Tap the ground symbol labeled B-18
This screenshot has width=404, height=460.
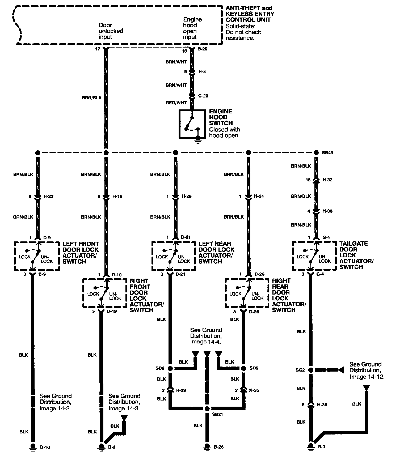tap(33, 446)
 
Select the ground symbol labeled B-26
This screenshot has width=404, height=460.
tap(207, 446)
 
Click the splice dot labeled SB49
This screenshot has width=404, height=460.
tap(316, 152)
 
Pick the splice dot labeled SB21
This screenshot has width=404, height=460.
tap(207, 409)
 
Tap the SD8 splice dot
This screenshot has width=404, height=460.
tap(170, 368)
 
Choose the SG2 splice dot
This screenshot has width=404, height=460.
tap(310, 370)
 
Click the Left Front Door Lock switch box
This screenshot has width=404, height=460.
tap(37, 256)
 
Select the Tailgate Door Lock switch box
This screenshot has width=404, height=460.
tap(314, 256)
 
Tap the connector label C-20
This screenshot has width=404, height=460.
tap(203, 96)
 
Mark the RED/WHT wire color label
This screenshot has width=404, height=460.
tap(176, 103)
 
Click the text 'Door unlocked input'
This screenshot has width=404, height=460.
tap(111, 31)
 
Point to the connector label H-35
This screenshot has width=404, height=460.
tap(254, 390)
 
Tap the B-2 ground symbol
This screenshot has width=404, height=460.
tap(101, 446)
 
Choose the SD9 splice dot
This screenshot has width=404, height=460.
tap(244, 368)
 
